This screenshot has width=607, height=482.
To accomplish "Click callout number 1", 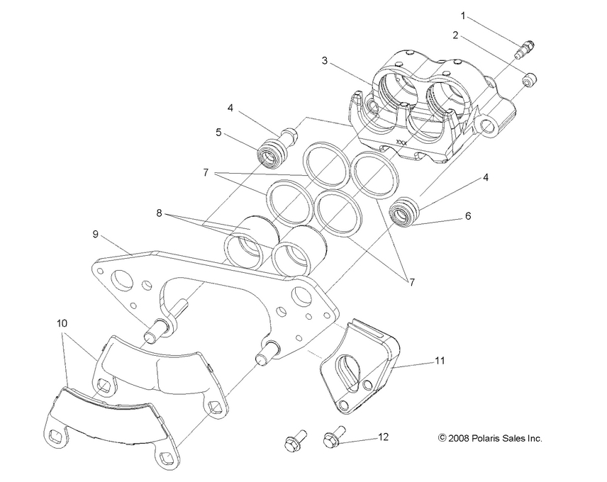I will pos(464,15).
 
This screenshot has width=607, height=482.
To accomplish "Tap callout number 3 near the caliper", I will pos(324,61).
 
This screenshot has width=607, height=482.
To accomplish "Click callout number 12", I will pos(383,437).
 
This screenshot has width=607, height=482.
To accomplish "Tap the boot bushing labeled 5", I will pos(269,152).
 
